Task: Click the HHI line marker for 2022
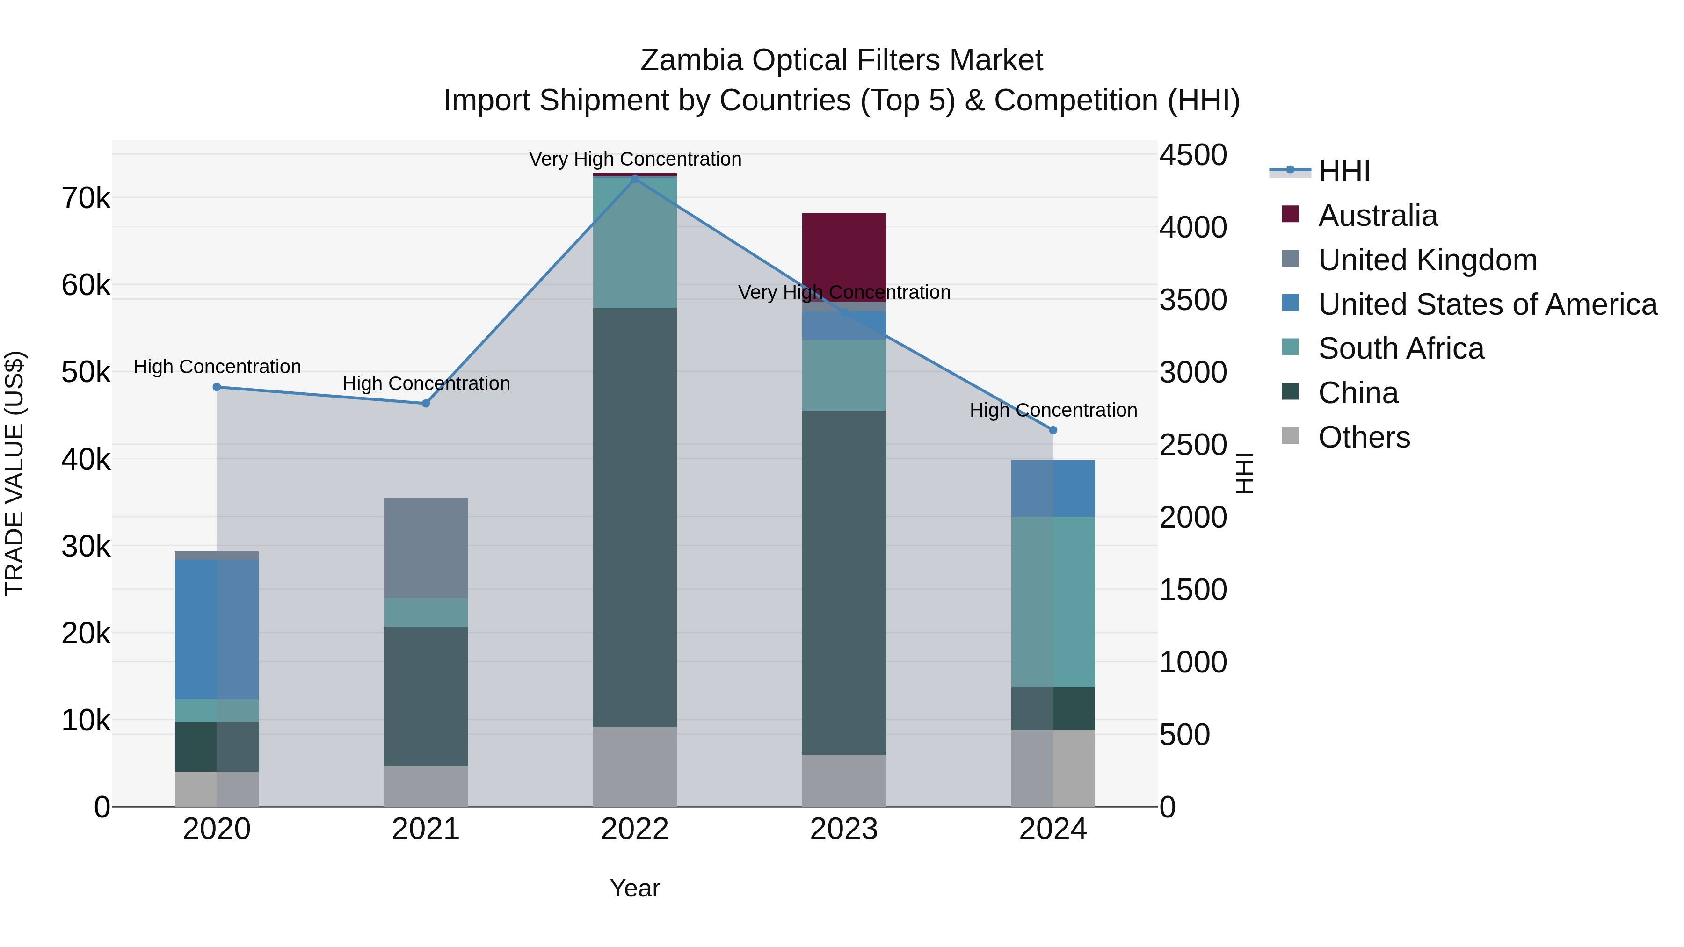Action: click(634, 179)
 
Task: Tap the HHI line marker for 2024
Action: click(1052, 430)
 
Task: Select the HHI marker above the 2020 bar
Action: click(217, 387)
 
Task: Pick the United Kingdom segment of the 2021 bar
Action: click(426, 548)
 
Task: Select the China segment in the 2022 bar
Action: click(634, 517)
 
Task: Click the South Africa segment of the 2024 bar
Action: click(1052, 601)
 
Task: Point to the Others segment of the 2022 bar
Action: click(634, 766)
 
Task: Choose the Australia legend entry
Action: click(1378, 216)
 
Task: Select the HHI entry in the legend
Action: click(1343, 171)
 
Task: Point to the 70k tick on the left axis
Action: click(86, 198)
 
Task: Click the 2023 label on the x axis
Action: click(843, 829)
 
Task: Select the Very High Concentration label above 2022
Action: click(634, 159)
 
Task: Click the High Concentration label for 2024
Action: click(1052, 410)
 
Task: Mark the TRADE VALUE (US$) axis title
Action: click(15, 473)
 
